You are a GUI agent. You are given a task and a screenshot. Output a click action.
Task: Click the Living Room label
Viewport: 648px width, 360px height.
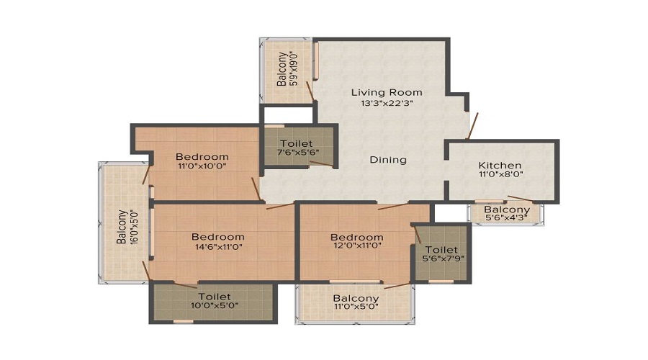tap(387, 93)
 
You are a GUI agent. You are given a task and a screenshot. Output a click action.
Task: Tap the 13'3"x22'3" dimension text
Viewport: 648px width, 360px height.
tap(387, 104)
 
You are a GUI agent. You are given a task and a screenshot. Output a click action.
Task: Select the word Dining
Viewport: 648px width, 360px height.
tap(388, 160)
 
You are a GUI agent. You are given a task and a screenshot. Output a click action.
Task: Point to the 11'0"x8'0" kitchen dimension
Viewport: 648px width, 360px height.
tap(501, 174)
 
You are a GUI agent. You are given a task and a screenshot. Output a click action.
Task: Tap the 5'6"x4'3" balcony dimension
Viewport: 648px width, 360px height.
tap(507, 218)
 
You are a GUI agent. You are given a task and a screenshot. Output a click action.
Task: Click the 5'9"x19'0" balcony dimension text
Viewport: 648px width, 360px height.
tap(294, 68)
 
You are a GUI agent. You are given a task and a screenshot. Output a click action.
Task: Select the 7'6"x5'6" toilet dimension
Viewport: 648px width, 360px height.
tap(297, 152)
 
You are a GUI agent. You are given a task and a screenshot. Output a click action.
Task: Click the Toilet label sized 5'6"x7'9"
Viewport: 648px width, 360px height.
tap(442, 250)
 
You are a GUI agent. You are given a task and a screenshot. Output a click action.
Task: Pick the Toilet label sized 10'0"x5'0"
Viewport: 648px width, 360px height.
tap(215, 297)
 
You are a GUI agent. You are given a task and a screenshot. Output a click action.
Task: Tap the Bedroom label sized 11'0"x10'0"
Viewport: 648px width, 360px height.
tap(202, 157)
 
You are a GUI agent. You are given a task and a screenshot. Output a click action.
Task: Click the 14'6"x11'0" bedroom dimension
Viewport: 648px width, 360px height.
tap(218, 247)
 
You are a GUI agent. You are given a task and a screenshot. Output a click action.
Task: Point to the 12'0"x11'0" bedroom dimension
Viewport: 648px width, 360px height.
tap(357, 246)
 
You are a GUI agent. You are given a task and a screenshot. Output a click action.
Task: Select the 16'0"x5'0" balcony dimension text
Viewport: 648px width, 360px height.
tap(132, 228)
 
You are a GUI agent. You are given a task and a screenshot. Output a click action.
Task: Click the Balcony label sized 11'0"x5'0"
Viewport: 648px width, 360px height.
tap(356, 298)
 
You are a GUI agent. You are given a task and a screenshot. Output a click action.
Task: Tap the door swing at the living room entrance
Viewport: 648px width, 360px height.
tap(472, 126)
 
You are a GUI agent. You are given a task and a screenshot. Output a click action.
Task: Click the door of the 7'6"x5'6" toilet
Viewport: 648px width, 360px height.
tap(322, 164)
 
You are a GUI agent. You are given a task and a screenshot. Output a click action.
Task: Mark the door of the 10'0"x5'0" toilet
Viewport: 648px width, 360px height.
tap(186, 285)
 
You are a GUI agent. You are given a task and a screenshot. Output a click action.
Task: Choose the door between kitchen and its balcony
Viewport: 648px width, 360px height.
tap(520, 199)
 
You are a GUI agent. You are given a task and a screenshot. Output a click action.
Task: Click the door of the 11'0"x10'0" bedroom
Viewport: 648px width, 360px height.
tap(256, 189)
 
